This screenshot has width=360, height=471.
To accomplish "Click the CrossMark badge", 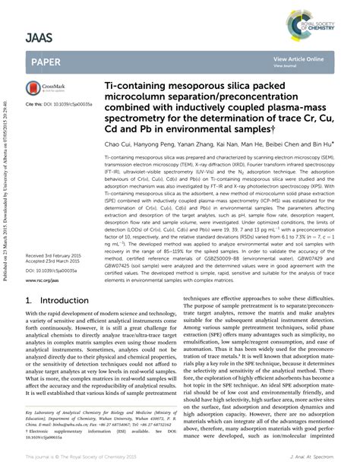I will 45,89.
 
